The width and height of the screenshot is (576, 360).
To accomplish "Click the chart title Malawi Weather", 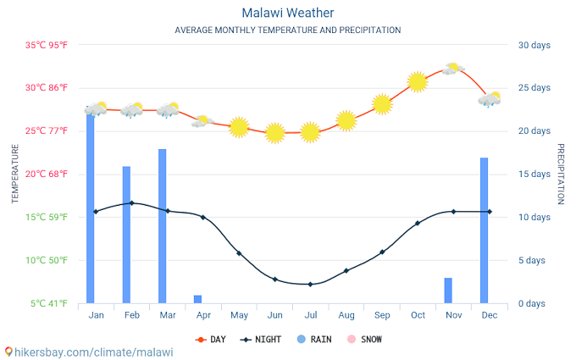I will click(287, 13).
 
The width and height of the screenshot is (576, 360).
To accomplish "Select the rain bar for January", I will click(91, 208).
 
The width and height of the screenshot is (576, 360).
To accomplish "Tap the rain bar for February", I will click(126, 235).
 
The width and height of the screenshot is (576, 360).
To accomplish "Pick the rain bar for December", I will click(484, 230).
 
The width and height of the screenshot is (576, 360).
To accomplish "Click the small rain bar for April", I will click(197, 299).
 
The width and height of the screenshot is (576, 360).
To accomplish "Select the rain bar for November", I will click(448, 291).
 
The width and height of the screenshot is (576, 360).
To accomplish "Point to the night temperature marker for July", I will click(310, 284).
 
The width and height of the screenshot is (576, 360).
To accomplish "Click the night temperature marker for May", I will click(239, 253).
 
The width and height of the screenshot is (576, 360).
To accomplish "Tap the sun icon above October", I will click(417, 82).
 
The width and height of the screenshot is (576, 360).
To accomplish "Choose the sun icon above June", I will click(274, 133).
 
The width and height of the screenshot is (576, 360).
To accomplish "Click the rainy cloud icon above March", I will click(168, 110).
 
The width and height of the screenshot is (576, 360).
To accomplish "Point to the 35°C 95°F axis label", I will click(46, 45).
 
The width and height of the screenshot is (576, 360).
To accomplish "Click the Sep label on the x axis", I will click(382, 315).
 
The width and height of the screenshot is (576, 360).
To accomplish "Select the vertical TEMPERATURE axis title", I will click(14, 174).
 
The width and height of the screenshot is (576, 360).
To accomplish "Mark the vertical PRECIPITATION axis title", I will click(560, 174).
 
